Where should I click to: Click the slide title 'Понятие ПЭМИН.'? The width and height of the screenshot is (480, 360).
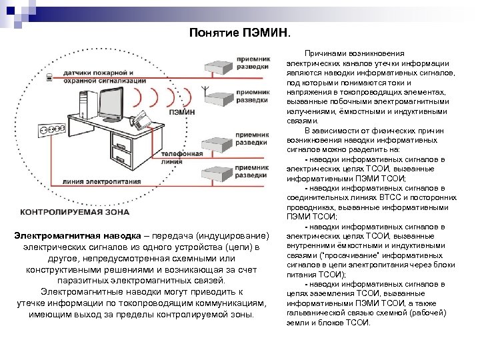[x=240, y=32]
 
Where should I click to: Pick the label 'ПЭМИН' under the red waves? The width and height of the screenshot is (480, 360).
[x=181, y=113]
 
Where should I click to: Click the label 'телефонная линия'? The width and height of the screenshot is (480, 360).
[x=182, y=157]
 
